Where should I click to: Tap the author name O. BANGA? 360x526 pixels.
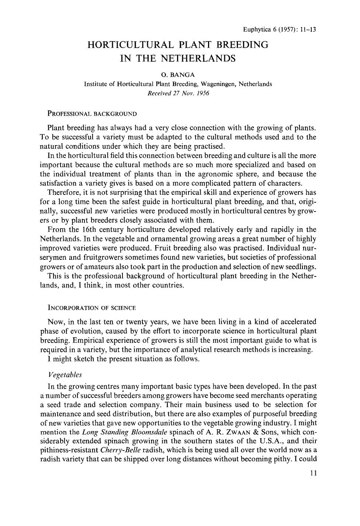click(x=178, y=75)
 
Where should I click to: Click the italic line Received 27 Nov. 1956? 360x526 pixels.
click(x=178, y=93)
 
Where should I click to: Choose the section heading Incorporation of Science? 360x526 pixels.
click(x=91, y=307)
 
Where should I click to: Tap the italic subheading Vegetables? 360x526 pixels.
click(x=65, y=375)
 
